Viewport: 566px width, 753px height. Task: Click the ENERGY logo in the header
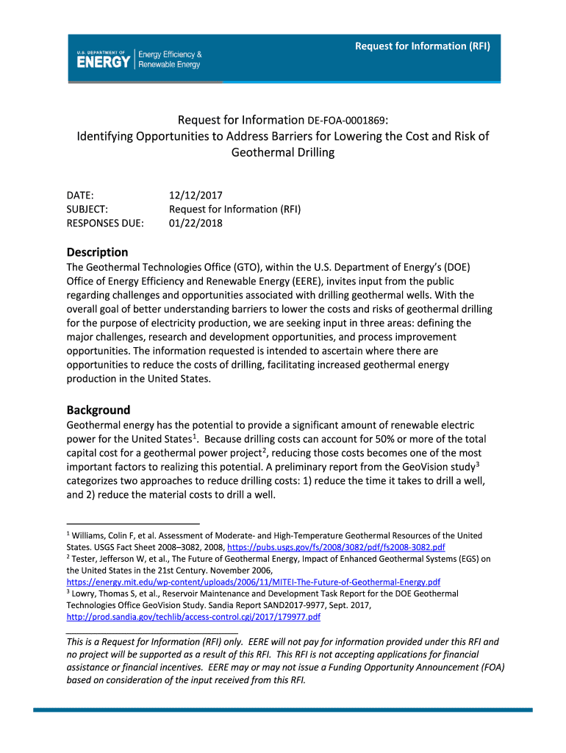(104, 60)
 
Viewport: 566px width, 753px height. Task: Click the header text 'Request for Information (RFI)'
(422, 46)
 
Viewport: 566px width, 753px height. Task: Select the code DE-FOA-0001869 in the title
(347, 120)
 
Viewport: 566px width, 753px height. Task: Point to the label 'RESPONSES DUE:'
(105, 223)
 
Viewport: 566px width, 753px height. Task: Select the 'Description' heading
(97, 251)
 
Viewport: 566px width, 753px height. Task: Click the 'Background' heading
(98, 410)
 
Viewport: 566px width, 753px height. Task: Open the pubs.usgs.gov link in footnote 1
(336, 548)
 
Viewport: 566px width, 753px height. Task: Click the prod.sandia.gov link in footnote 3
(193, 616)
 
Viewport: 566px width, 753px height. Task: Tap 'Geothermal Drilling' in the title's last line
(283, 153)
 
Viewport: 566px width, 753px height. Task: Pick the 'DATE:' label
(80, 196)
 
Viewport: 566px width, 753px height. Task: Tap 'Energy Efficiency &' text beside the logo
(171, 54)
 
